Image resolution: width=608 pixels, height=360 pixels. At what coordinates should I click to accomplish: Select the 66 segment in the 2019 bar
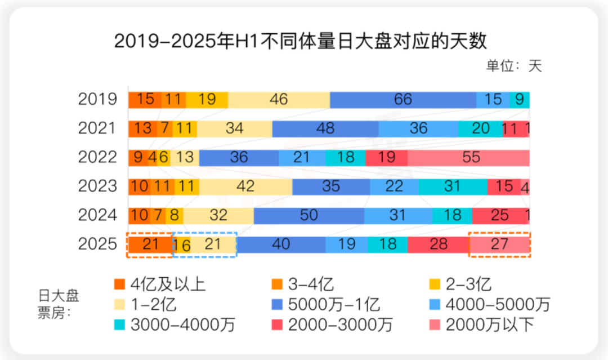click(403, 99)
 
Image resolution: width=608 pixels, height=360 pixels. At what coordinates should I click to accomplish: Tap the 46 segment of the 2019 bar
click(279, 99)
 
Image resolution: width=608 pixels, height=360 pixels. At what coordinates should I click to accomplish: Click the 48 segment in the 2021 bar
click(325, 128)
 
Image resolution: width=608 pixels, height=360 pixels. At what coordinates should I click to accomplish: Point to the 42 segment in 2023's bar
click(245, 186)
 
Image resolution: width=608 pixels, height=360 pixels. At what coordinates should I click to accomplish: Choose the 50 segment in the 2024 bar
click(309, 215)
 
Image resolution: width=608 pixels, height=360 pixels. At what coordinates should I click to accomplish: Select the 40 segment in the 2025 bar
click(280, 244)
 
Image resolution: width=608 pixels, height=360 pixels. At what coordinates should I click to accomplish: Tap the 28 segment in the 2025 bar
click(438, 244)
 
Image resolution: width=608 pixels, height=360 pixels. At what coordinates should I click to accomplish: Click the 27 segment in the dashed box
click(499, 244)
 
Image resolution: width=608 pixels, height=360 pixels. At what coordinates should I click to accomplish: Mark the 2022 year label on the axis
click(98, 157)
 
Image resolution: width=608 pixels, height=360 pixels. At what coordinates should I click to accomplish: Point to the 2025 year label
click(98, 244)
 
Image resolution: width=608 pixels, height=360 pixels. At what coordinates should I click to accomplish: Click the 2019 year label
click(98, 99)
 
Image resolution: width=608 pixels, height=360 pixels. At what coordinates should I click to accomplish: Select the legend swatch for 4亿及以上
click(119, 284)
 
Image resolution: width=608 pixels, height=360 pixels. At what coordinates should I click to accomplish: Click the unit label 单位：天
click(513, 65)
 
